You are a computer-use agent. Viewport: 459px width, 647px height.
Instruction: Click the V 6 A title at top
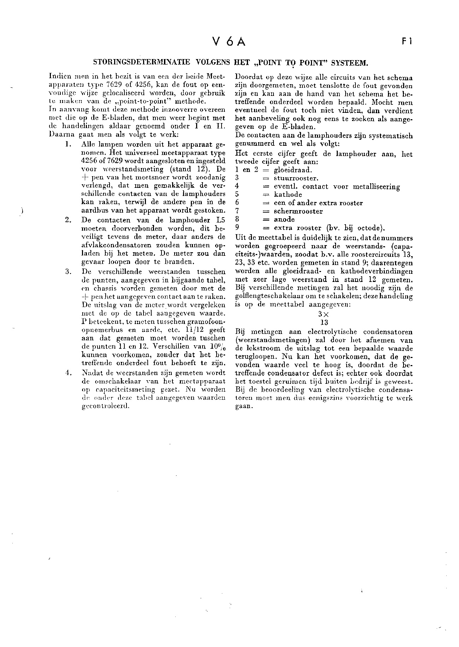(x=229, y=42)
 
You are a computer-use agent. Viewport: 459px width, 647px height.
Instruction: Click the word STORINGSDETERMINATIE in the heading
(x=141, y=63)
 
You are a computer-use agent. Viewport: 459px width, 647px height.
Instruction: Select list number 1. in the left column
(x=69, y=145)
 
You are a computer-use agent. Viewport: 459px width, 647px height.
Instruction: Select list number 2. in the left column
(x=69, y=220)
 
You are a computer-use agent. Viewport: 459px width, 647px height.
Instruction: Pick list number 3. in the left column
(x=69, y=272)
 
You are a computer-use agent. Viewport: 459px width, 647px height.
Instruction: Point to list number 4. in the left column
(x=69, y=372)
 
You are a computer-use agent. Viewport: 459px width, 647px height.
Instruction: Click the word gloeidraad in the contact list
(x=293, y=170)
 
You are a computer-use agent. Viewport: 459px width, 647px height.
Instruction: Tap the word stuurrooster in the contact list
(x=296, y=178)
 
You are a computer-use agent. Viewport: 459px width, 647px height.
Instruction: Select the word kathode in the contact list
(x=288, y=195)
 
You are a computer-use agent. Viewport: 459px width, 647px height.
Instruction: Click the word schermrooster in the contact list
(x=298, y=211)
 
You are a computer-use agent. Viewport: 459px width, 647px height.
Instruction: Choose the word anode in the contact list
(x=284, y=219)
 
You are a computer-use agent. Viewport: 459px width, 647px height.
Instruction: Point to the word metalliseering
(x=376, y=187)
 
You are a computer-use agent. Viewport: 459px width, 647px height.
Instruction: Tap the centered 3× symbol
(x=323, y=314)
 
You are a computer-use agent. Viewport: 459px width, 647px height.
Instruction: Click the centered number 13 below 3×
(x=323, y=322)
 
